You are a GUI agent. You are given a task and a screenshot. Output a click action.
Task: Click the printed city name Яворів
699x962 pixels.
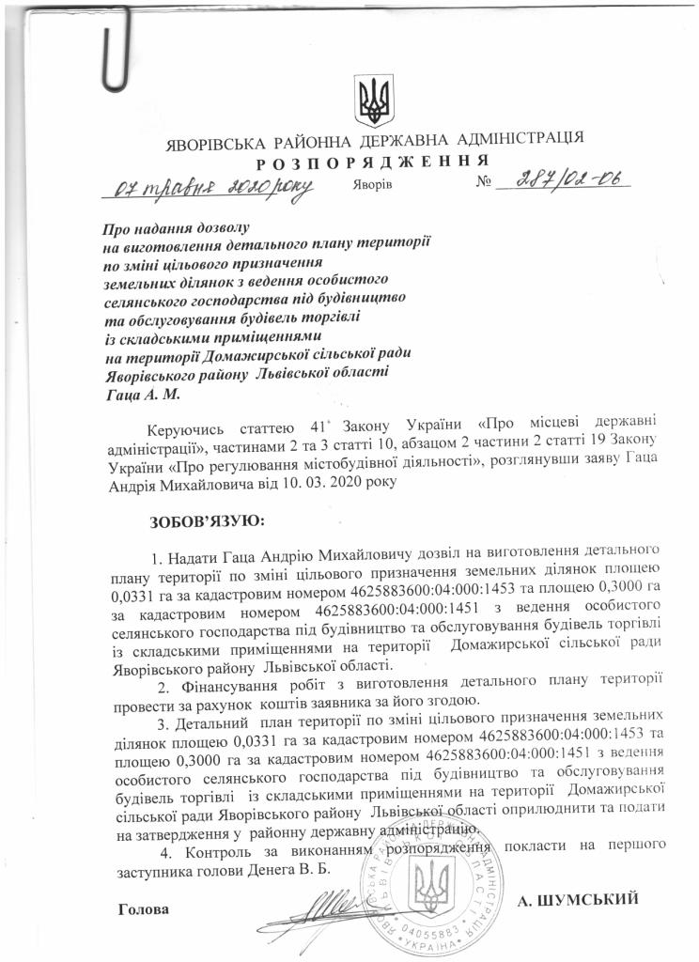click(x=374, y=185)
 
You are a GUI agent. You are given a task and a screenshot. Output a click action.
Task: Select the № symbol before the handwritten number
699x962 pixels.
click(x=485, y=183)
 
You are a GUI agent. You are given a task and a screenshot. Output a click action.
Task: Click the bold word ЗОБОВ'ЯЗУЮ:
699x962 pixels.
click(x=208, y=519)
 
